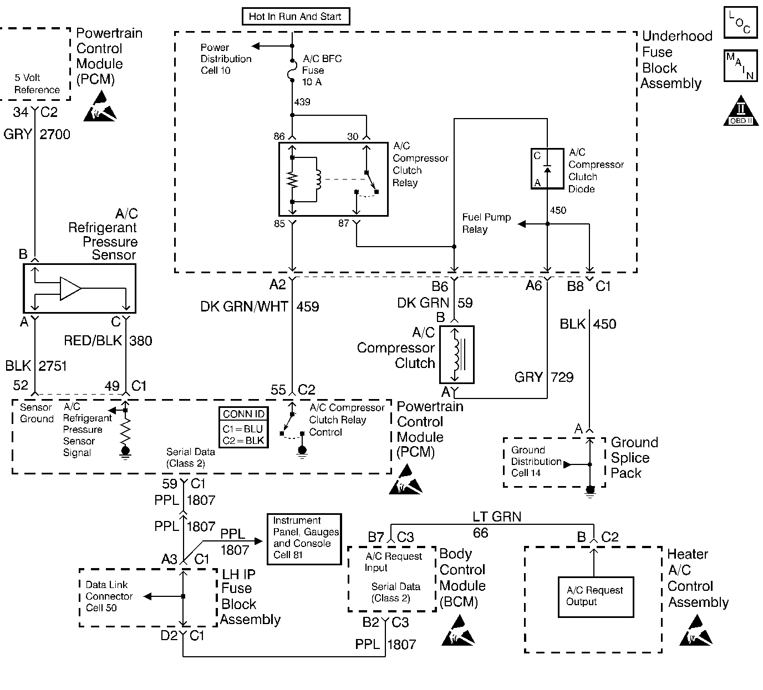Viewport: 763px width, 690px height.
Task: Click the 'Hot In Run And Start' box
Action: click(x=295, y=17)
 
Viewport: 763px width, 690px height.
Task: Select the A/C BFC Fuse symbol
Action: click(x=293, y=70)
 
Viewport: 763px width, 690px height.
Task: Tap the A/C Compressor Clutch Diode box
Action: click(x=547, y=168)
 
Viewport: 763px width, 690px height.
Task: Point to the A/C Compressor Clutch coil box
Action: click(x=457, y=355)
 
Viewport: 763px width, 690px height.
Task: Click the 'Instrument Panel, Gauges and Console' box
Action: click(x=304, y=539)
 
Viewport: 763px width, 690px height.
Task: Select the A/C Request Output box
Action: click(x=595, y=596)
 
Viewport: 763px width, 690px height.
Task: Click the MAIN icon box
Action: click(x=740, y=67)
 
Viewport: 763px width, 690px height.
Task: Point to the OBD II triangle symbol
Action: click(x=741, y=111)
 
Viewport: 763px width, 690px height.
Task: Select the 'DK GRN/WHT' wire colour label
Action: click(x=244, y=306)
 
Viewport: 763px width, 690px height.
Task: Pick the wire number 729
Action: click(x=562, y=377)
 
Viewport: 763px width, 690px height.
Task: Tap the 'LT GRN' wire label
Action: click(x=497, y=517)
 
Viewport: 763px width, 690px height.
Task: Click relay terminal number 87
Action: click(x=344, y=223)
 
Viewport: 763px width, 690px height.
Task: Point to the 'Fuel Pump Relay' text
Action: click(x=486, y=223)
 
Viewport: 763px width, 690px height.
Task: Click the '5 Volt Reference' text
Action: click(x=37, y=84)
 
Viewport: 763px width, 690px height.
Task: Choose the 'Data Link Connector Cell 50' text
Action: click(x=109, y=596)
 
